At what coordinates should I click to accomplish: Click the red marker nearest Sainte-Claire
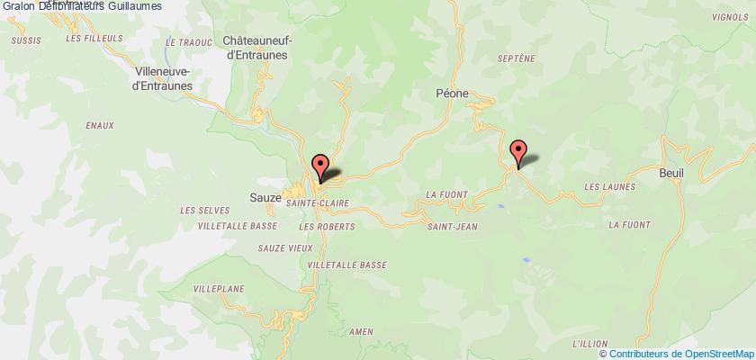click(319, 164)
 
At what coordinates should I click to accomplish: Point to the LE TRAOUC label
click(183, 42)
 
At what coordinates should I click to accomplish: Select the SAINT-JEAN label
click(452, 202)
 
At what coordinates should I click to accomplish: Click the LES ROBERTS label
click(319, 225)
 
